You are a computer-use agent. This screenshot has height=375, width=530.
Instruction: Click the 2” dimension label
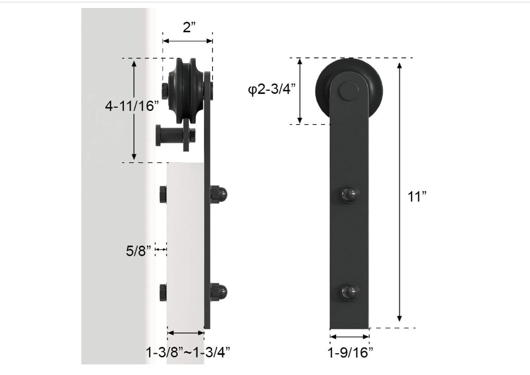[189, 27]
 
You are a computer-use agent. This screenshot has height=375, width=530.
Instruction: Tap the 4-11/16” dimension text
[132, 106]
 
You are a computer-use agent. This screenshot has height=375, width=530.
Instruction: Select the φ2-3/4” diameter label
[272, 90]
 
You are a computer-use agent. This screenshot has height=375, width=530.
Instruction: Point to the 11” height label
[417, 196]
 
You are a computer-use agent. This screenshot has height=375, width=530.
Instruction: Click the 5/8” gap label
[139, 250]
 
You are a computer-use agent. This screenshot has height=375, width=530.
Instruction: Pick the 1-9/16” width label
[350, 352]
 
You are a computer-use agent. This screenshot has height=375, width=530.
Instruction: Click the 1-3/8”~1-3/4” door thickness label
[188, 352]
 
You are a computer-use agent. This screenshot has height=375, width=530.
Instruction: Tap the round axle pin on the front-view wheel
[349, 91]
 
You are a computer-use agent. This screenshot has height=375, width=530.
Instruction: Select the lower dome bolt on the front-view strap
[349, 292]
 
